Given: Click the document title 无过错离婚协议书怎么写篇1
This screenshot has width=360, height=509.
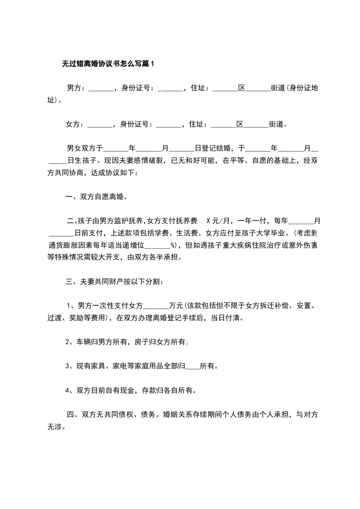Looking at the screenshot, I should tap(108, 64).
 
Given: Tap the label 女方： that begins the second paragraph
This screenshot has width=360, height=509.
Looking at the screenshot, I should tap(76, 123).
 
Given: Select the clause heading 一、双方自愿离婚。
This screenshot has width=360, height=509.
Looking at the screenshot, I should tap(95, 197).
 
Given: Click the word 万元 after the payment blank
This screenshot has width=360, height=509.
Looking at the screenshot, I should tap(175, 306).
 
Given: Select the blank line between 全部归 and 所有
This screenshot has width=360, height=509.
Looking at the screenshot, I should tap(193, 366).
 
